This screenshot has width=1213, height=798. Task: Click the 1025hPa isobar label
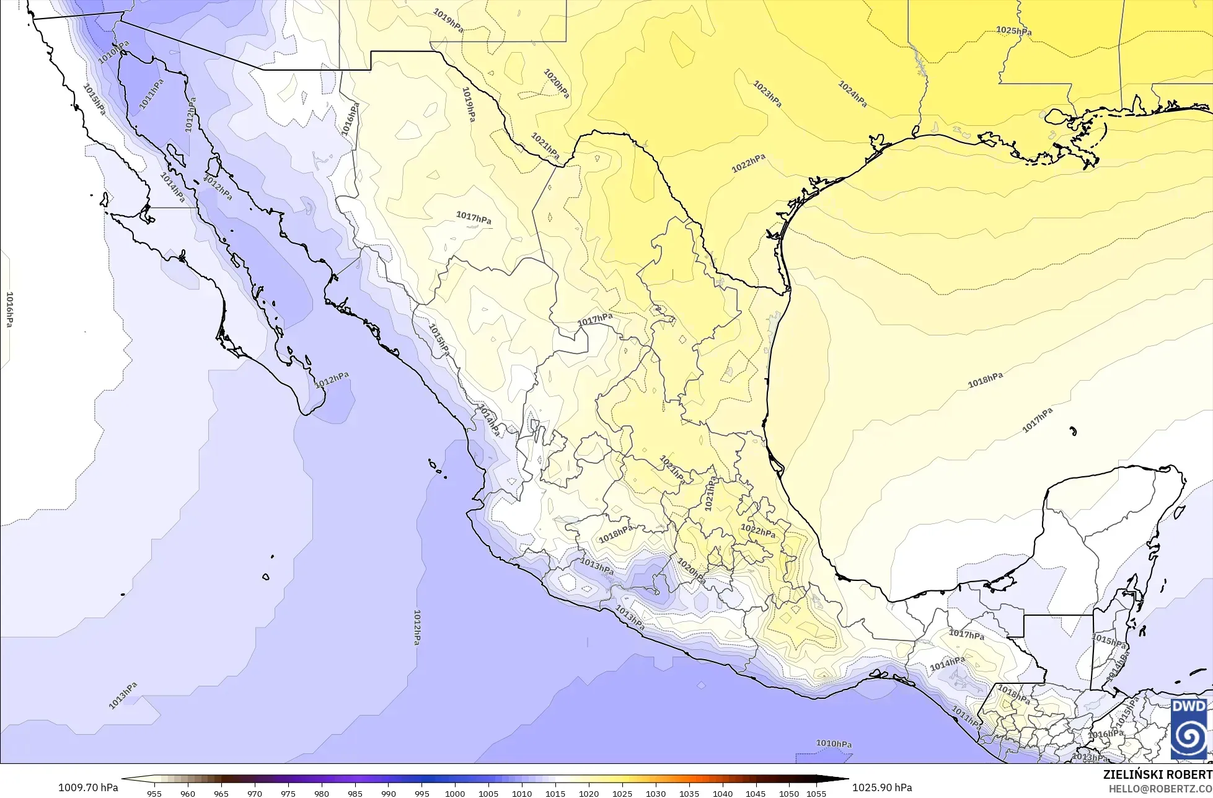click(1013, 30)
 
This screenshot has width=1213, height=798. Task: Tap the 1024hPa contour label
click(852, 94)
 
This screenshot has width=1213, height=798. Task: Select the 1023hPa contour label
click(767, 94)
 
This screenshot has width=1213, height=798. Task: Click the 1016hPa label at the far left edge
click(9, 309)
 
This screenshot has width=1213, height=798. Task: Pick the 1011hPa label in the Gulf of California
click(152, 94)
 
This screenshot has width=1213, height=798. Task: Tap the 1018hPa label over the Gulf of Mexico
click(985, 380)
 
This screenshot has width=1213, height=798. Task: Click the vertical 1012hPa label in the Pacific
click(417, 626)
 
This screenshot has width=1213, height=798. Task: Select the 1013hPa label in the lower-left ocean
click(123, 696)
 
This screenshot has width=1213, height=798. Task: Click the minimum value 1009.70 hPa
click(88, 787)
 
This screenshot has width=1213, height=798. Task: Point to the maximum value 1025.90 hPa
click(882, 787)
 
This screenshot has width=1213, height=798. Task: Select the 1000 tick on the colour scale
click(454, 794)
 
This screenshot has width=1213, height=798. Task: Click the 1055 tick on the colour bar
click(816, 794)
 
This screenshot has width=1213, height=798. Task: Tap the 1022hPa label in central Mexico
click(758, 533)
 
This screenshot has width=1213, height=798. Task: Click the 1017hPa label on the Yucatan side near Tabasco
click(966, 635)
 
